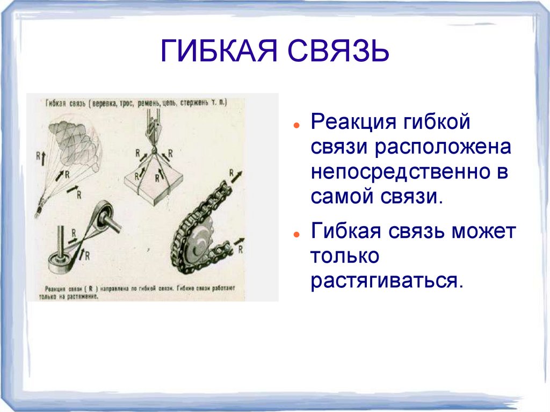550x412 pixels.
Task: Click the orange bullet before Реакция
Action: [x=296, y=124]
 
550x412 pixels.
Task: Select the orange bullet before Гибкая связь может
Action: [x=296, y=235]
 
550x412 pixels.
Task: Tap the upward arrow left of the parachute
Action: [x=38, y=157]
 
